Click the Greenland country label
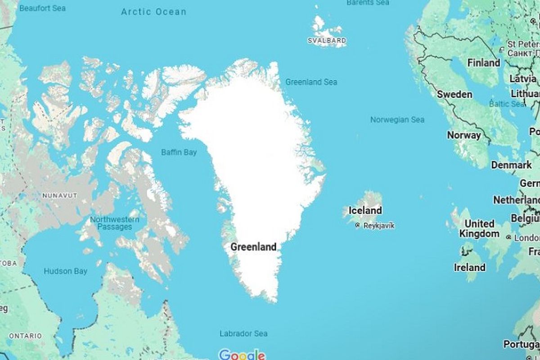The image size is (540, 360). coord(253,247)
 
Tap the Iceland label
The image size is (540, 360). coord(365,210)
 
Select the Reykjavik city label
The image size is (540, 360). coord(378,225)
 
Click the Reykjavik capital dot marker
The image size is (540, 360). coord(357,225)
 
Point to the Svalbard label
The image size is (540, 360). coord(327,40)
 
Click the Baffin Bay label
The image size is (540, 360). coord(179,153)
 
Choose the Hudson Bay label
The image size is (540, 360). coord(65,271)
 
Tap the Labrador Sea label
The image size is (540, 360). coord(243,333)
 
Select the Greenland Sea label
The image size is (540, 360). coord(311,82)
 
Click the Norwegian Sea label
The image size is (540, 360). coord(397,120)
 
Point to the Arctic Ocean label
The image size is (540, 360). coord(153,12)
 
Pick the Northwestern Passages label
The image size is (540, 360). coord(114,223)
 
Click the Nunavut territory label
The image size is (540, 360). coord(59,195)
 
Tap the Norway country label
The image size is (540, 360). coord(463,135)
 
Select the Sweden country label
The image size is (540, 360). coord(454,94)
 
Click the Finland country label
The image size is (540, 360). coord(483,63)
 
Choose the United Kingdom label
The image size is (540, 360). coord(479,229)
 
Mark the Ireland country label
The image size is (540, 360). coord(469,267)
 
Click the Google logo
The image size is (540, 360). coord(242,355)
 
